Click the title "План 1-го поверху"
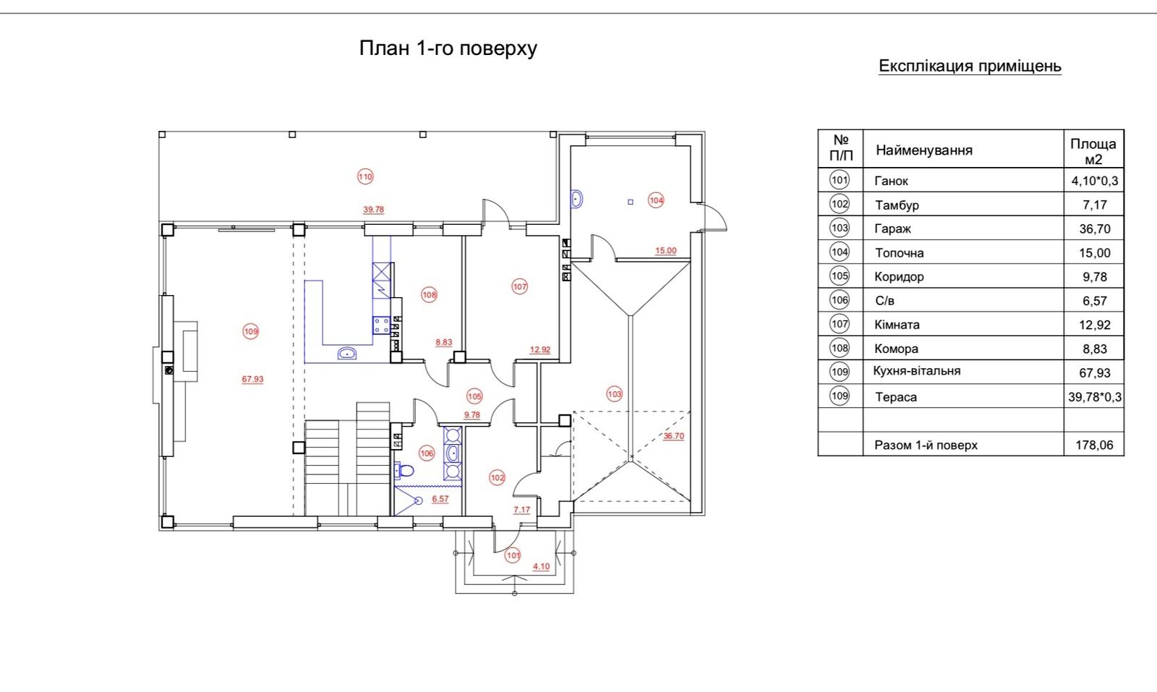coord(448,48)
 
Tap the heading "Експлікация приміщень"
coord(970,66)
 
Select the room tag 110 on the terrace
coord(365,176)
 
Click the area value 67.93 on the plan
coord(252,379)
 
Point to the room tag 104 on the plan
coord(656,200)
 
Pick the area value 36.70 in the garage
coord(673,436)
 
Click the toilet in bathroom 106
coord(404,471)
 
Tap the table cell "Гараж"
coord(892,228)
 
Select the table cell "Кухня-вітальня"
coord(917,371)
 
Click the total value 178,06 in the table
coord(1094,445)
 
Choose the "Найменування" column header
coord(923,150)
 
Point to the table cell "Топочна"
coord(899,252)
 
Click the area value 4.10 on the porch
coord(541,566)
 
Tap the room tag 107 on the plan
coord(519,286)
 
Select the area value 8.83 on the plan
coord(443,343)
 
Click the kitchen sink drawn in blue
coord(348,354)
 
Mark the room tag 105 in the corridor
coord(474,396)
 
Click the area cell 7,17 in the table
coord(1093,205)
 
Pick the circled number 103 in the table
coord(840,228)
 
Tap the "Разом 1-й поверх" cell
coord(926,445)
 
